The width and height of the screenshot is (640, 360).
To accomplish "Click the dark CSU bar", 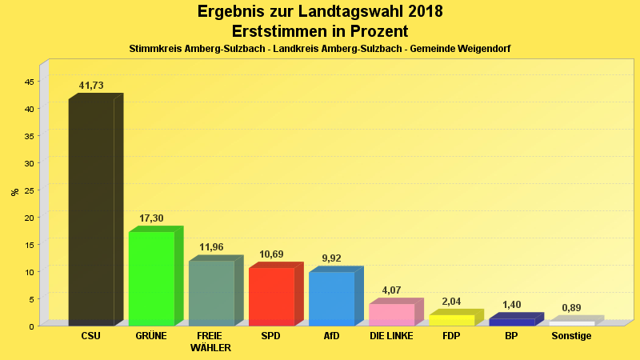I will point(91,212).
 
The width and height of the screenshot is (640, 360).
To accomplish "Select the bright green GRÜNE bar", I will point(151,278).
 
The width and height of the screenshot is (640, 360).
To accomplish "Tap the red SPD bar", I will point(271,296).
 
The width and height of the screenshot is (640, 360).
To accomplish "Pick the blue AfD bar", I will point(331,298).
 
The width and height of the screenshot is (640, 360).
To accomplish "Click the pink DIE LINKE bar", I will point(391,314).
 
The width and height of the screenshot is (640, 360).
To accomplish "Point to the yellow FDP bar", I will point(451,320).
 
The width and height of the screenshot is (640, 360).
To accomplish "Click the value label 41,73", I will point(91,86).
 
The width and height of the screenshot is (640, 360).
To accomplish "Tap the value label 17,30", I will point(151,218).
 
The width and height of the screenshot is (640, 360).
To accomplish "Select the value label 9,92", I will point(331,258).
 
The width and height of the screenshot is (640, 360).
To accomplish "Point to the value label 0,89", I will point(571,308).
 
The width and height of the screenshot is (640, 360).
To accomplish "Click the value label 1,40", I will point(511,305).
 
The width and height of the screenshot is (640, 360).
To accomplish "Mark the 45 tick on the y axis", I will point(29,82).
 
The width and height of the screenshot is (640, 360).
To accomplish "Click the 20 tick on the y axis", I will point(29,218).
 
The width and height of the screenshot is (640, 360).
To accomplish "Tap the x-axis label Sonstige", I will point(571,336).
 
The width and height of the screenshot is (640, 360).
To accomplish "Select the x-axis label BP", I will point(511,336).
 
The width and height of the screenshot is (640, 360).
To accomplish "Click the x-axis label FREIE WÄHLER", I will point(211,342).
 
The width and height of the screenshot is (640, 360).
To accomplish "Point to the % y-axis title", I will point(14,192).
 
